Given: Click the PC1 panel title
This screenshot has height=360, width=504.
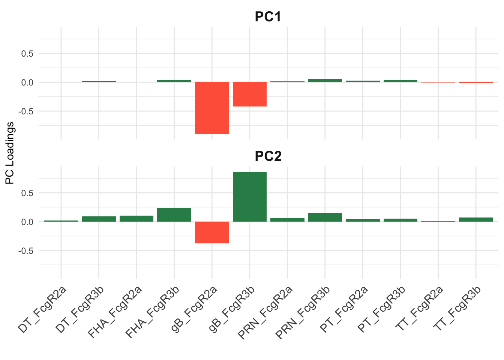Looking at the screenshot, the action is (268, 16).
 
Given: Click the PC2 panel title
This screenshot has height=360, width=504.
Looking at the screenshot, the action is (268, 156).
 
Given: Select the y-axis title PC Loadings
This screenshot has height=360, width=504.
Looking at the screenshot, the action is (10, 153).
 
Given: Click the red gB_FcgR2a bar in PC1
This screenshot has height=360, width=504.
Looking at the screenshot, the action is (212, 108).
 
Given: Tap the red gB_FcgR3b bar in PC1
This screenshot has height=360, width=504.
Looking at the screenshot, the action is (249, 94).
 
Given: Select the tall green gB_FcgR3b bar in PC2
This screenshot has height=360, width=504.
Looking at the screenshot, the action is (249, 196).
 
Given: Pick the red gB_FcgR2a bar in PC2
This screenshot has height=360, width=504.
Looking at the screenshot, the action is (212, 232).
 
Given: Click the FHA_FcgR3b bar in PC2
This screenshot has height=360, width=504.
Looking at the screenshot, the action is (174, 215).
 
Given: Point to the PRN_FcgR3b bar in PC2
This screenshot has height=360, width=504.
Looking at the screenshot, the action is (325, 217).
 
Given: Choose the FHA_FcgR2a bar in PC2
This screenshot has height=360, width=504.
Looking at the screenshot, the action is (136, 219).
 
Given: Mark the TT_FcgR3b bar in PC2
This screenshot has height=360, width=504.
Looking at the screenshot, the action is (475, 220).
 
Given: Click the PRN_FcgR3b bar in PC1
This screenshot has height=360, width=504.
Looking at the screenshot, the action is (325, 80).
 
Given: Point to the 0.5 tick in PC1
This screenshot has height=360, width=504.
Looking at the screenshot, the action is (27, 54).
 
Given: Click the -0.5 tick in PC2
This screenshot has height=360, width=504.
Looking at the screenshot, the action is (26, 251).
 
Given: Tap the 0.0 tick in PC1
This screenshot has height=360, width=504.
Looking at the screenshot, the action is (27, 82).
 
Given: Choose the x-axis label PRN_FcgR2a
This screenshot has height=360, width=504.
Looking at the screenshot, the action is (265, 312).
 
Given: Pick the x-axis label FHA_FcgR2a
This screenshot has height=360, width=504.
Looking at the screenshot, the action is (114, 312).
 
